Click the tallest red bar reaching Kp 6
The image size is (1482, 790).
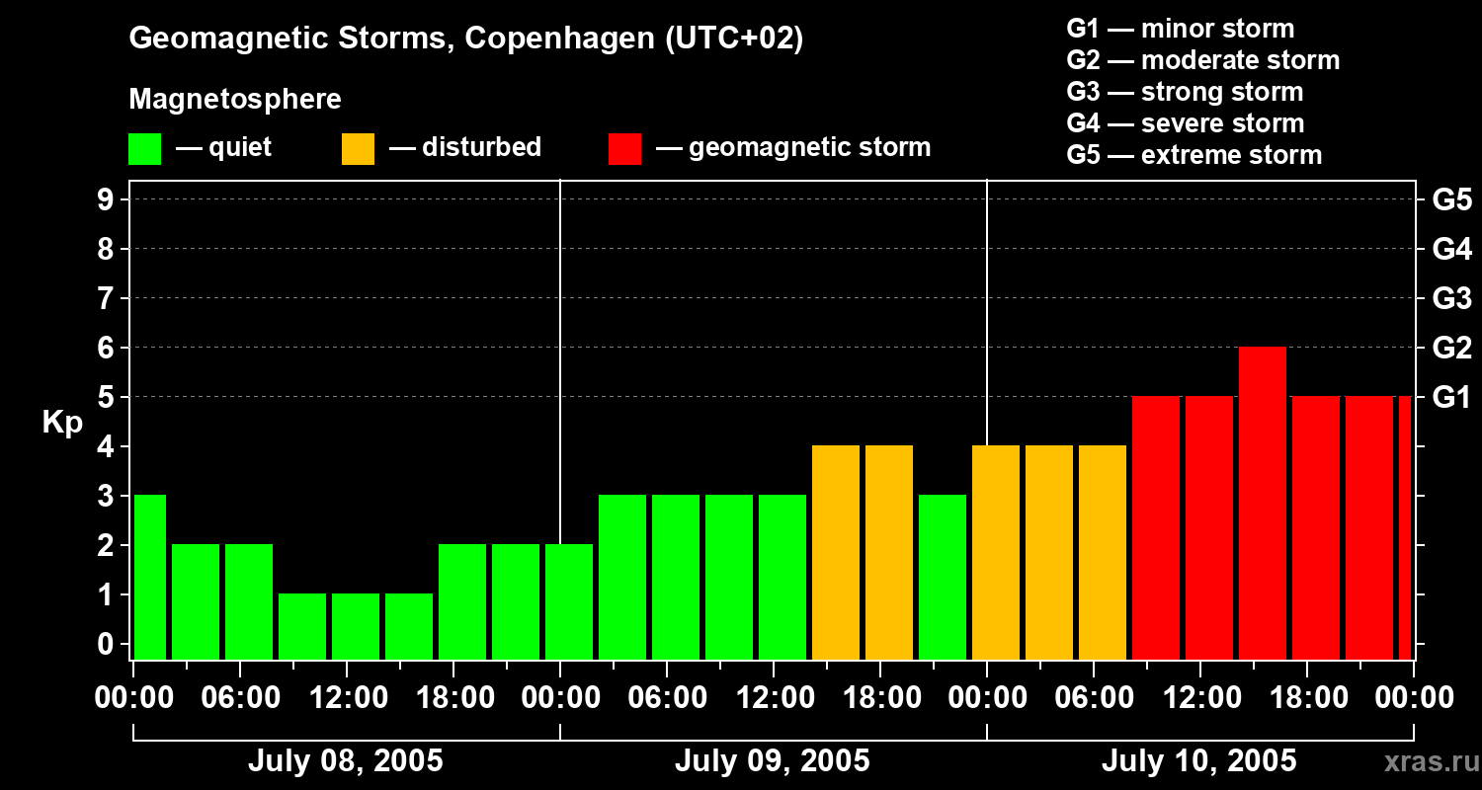point(1262,503)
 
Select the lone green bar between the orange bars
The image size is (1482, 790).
point(942,577)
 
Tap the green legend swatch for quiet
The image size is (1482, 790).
point(144,149)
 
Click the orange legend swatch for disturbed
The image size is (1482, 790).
point(358,149)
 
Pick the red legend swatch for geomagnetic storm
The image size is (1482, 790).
point(624,149)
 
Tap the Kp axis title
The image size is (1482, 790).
point(62,423)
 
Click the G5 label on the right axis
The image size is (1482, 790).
point(1451,200)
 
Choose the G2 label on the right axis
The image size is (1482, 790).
point(1451,349)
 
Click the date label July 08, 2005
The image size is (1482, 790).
point(345,761)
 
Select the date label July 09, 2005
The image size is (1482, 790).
point(772,761)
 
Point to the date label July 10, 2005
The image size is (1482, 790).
point(1198,761)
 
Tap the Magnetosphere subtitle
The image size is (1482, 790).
point(235,100)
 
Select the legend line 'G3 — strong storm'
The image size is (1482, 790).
point(1185,92)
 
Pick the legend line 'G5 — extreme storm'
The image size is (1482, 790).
point(1194,155)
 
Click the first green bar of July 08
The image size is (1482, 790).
point(149,577)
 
